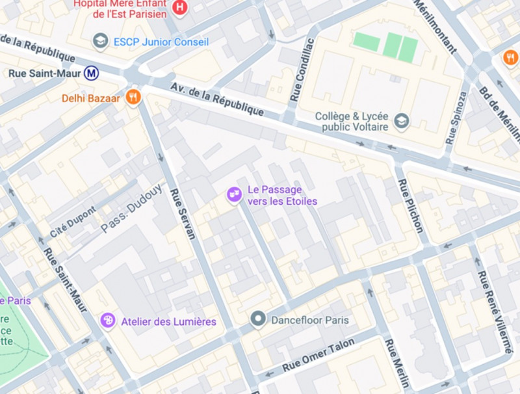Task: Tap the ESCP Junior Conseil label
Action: [x=161, y=42]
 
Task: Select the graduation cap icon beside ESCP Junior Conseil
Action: [x=100, y=42]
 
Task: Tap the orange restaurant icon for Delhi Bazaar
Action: [x=133, y=98]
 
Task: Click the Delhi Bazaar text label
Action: [x=91, y=98]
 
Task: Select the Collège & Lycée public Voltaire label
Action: [x=352, y=121]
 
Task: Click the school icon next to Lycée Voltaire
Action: [x=402, y=120]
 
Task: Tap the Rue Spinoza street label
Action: [x=456, y=118]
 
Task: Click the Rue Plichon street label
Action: [x=410, y=205]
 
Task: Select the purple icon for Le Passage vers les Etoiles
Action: [x=233, y=194]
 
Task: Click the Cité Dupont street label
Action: [x=73, y=222]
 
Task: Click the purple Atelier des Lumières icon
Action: [x=108, y=321]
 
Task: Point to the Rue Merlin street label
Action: [x=396, y=363]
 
